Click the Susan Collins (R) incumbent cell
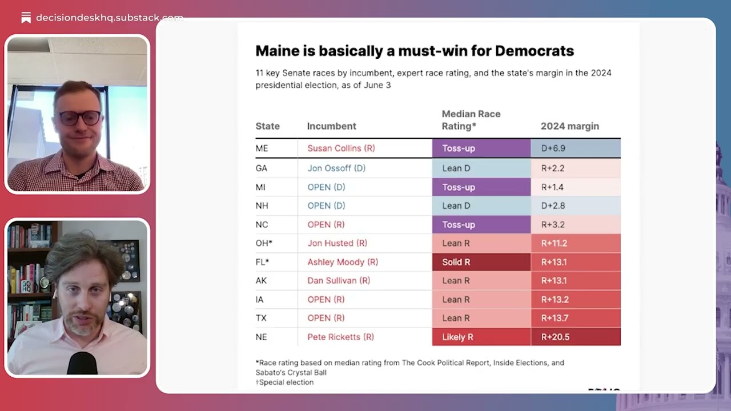pos(341,148)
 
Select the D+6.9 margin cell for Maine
pos(576,148)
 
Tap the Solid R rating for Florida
pos(481,262)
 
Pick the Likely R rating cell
pos(481,337)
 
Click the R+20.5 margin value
pos(555,337)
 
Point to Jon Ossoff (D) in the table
pos(336,168)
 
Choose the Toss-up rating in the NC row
pos(481,225)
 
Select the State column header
pos(268,126)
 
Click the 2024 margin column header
pos(570,126)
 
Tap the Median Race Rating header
pos(471,120)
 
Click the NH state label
pos(262,206)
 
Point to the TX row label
pos(261,318)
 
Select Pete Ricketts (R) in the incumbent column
pos(341,337)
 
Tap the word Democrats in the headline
pos(535,51)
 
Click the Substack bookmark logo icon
pos(26,18)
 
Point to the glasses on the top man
pos(79,118)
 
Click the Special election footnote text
pos(284,382)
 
